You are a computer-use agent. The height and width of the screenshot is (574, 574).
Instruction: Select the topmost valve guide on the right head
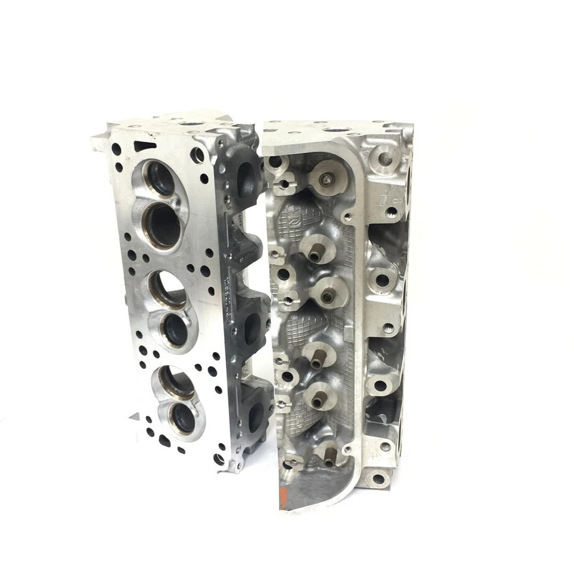coord(326,179)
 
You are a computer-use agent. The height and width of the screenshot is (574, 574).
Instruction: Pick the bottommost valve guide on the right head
coord(328,462)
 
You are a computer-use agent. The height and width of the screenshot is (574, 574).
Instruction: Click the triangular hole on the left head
coord(144,146)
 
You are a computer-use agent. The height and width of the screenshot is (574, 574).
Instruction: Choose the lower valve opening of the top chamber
coord(163,225)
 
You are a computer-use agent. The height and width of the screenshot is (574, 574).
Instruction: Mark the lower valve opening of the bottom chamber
coord(183,419)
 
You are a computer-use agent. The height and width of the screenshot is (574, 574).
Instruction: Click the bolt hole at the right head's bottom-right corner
coord(378,478)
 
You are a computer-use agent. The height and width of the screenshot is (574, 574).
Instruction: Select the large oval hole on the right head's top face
coord(337,129)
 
